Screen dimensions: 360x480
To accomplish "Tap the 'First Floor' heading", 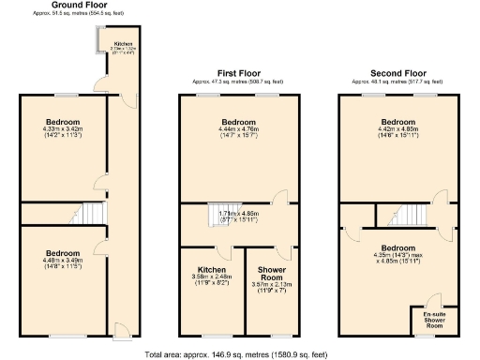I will point(237,73).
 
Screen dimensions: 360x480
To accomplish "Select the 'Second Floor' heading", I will point(398,73).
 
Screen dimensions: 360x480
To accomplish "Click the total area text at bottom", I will point(237,354).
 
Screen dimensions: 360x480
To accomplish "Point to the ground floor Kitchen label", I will point(124,43).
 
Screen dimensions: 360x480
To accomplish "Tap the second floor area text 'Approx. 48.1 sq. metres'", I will point(398,82).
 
